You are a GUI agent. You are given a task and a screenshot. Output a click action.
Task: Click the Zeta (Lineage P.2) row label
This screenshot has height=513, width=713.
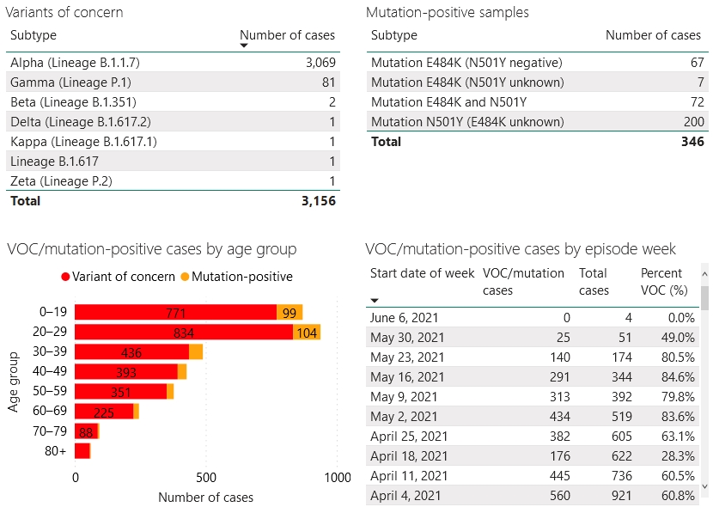[x=61, y=181]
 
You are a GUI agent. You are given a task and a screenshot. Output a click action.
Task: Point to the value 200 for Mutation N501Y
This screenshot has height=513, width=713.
[x=692, y=122]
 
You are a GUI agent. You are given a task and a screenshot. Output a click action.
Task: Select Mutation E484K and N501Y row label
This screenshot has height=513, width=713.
[x=448, y=102]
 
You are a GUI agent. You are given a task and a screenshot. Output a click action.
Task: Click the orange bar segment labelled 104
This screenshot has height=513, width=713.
[x=307, y=333]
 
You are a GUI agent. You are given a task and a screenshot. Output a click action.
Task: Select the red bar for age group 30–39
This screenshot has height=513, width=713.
[x=131, y=352]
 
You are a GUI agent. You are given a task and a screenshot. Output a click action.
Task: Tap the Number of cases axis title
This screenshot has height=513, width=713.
[x=205, y=498]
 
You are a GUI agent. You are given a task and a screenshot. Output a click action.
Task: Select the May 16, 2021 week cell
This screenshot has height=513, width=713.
[x=407, y=377]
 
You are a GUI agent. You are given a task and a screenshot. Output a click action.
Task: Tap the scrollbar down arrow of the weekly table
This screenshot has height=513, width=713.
[x=705, y=486]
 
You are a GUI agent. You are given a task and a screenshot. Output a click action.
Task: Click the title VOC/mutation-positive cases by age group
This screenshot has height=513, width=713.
[x=151, y=249]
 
